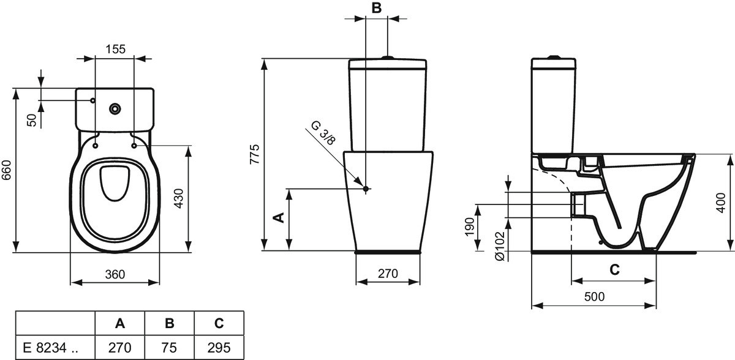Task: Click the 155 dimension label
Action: (x=116, y=49)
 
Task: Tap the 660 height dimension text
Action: (x=7, y=170)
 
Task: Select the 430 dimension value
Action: (x=179, y=198)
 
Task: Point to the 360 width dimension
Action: (x=115, y=274)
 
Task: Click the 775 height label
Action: (x=255, y=154)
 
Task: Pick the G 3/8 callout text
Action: (x=323, y=133)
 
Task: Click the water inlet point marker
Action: (x=366, y=189)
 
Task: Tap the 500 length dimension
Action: (x=594, y=297)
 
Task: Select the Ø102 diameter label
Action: (x=500, y=246)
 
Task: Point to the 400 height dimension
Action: (x=721, y=203)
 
